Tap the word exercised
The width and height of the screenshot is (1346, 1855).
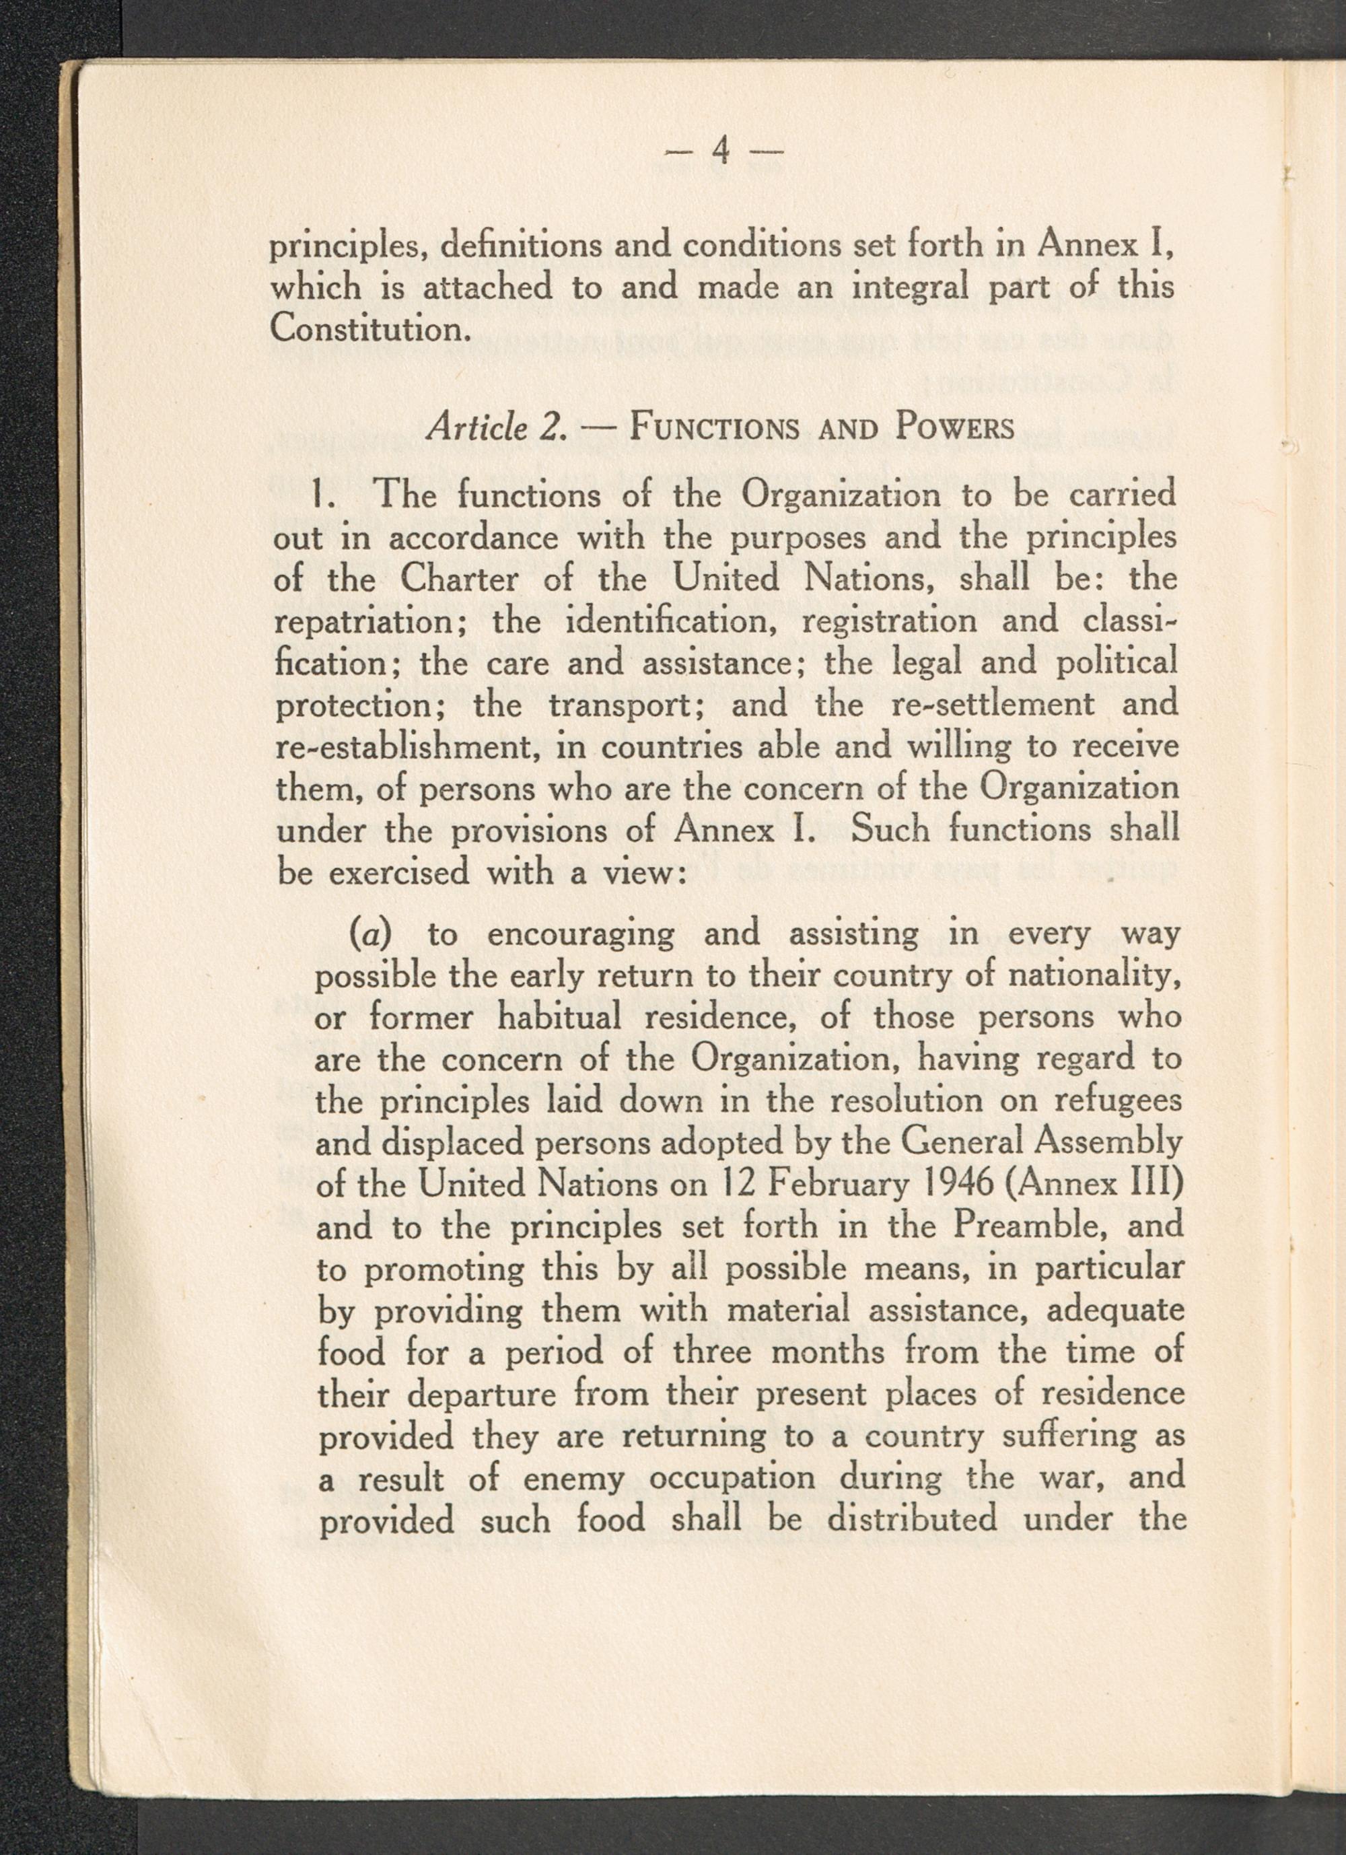click(399, 874)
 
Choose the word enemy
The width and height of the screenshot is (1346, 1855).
click(573, 1479)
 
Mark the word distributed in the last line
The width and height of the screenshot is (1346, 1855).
click(912, 1520)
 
